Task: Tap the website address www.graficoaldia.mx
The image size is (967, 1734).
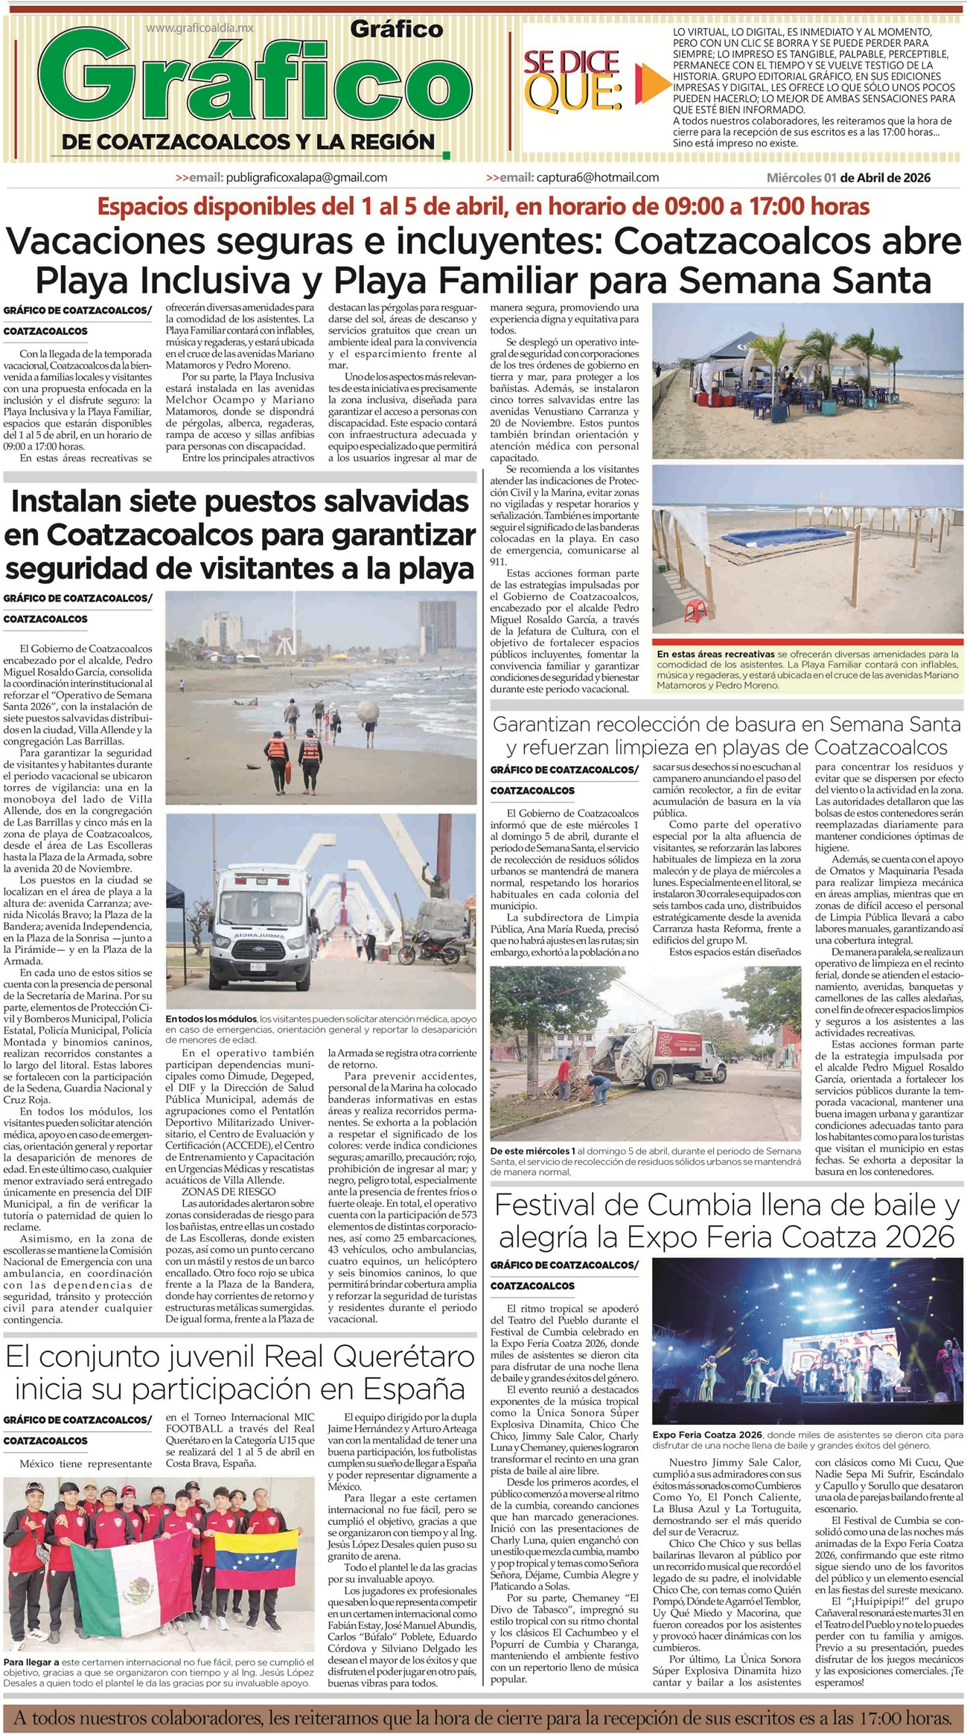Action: pos(200,28)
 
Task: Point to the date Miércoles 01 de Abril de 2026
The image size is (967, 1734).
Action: pos(848,178)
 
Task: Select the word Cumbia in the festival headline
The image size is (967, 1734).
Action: pos(714,1204)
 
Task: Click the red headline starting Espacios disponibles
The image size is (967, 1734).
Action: pos(484,205)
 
